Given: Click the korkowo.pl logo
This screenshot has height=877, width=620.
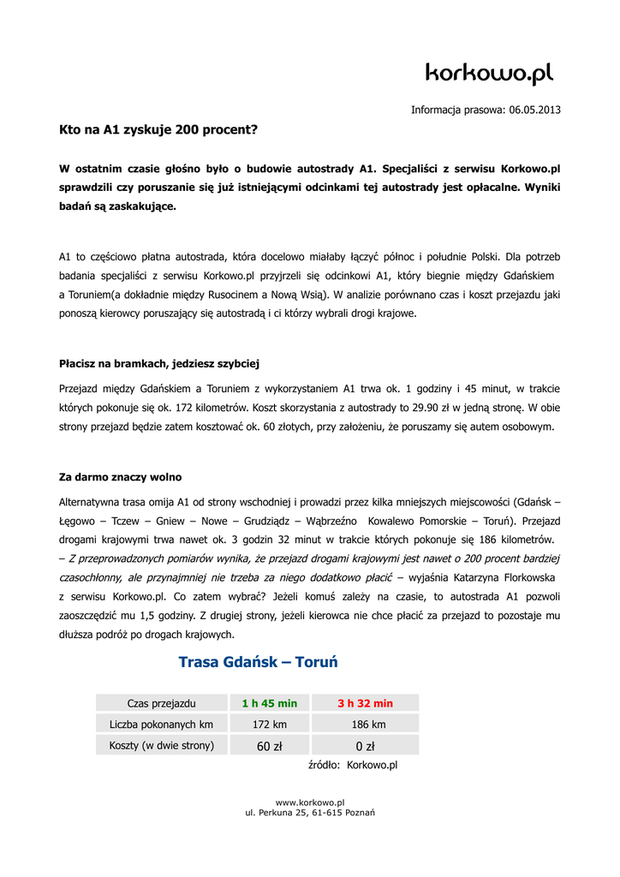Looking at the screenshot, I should [489, 75].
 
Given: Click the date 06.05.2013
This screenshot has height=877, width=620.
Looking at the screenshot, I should [534, 110].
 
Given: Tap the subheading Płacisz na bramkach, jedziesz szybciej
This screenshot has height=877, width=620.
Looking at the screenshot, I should [158, 363].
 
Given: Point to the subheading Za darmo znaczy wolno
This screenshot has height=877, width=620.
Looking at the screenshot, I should [120, 476].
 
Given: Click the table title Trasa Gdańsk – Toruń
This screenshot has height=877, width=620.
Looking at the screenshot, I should [258, 662].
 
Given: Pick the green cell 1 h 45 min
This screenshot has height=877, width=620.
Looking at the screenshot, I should [269, 703].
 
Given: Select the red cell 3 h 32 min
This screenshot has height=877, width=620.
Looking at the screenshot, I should [365, 703].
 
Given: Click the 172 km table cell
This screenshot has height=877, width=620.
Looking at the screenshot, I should [269, 725].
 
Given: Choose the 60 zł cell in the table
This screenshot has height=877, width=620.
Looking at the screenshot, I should [269, 746].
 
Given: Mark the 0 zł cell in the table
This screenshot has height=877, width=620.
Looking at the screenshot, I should [365, 746].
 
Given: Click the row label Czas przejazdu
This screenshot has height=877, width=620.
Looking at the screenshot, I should [161, 703].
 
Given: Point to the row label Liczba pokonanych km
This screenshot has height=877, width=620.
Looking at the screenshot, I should [161, 725].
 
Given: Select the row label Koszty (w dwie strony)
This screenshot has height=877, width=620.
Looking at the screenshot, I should [161, 745].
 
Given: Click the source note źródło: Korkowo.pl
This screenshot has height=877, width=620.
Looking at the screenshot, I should [352, 765].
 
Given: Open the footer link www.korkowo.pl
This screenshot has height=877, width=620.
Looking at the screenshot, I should [310, 802].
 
